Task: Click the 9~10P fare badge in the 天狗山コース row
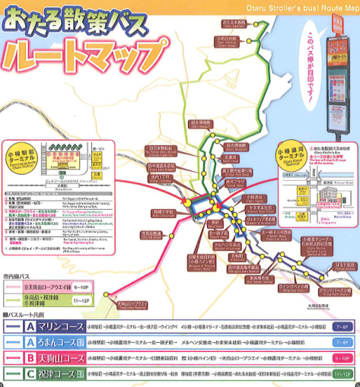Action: pos(342,357)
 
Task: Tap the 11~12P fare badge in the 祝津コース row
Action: pos(341,373)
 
